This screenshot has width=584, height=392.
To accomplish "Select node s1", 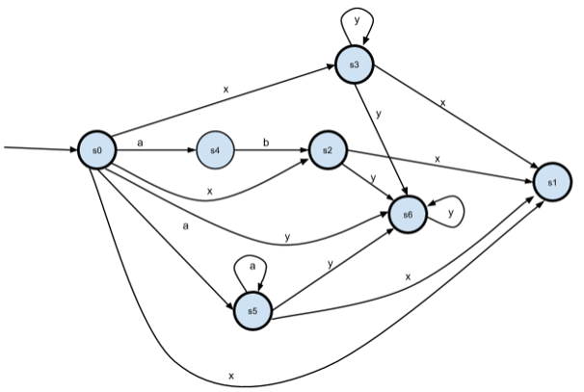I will (551, 182).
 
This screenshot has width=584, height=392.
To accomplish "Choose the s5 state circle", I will (252, 311).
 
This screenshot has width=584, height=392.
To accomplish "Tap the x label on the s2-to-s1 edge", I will (438, 157).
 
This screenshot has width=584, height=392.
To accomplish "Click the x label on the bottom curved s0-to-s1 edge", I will (231, 373).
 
